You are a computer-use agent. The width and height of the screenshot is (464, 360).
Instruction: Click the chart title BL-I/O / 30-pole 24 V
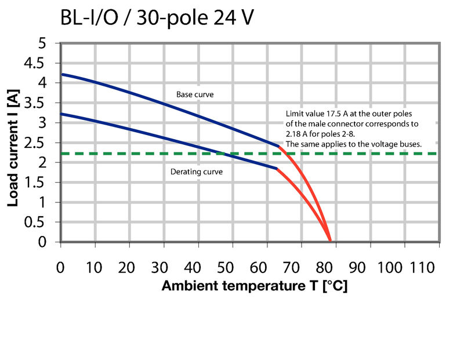[x=157, y=19]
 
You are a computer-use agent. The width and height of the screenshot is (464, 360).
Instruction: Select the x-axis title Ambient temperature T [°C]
[x=254, y=286]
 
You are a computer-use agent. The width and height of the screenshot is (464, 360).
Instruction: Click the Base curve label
[x=192, y=94]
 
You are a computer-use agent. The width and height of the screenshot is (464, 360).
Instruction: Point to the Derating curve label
[x=196, y=172]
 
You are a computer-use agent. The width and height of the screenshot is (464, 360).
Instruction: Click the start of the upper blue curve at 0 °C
[x=61, y=74]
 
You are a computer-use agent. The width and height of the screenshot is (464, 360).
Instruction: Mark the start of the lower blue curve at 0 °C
[x=61, y=114]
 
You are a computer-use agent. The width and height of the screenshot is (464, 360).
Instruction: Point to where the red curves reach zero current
[x=330, y=241]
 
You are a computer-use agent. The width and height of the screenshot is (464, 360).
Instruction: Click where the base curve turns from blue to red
[x=280, y=146]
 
